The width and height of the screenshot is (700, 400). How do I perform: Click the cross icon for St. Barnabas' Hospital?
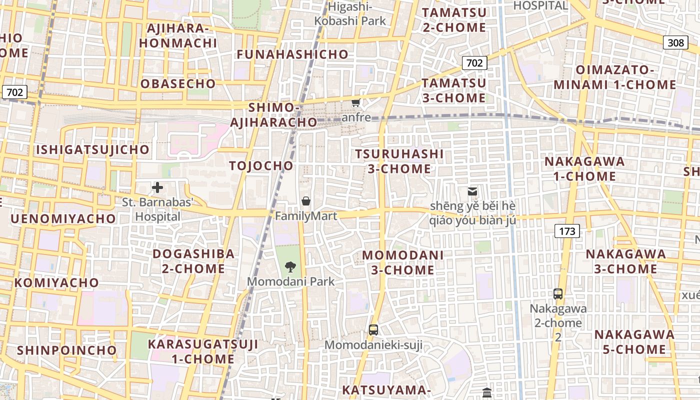pos(157,188)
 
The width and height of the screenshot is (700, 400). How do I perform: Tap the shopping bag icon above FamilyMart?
pos(305,201)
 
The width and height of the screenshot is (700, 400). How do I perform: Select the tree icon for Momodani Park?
pos(290,266)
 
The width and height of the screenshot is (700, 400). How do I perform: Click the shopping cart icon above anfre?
pos(356,103)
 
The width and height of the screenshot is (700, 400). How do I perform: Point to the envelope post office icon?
pos(472,191)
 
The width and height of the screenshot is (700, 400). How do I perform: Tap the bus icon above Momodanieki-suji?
pos(373,329)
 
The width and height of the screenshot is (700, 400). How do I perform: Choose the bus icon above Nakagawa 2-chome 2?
pos(558,294)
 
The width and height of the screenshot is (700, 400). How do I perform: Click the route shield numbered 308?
pos(675,42)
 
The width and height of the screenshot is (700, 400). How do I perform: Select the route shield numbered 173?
pos(567,231)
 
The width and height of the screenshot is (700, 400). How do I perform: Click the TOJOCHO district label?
pos(261,166)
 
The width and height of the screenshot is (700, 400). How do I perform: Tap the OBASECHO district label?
pos(178,83)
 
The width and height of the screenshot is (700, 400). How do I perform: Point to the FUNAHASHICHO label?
pos(292,54)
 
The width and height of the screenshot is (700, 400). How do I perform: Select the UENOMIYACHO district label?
pos(63,218)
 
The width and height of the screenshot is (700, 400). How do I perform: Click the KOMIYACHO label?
pos(56,282)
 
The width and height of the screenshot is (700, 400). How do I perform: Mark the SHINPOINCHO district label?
pos(66,350)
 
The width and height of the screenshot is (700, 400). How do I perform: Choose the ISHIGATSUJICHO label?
pos(92,149)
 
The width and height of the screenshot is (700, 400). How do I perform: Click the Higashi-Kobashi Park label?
pos(350,14)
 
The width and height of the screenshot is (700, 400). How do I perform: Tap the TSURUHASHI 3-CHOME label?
pos(399,161)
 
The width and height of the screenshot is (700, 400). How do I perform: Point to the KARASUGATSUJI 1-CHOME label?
pos(203,351)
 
